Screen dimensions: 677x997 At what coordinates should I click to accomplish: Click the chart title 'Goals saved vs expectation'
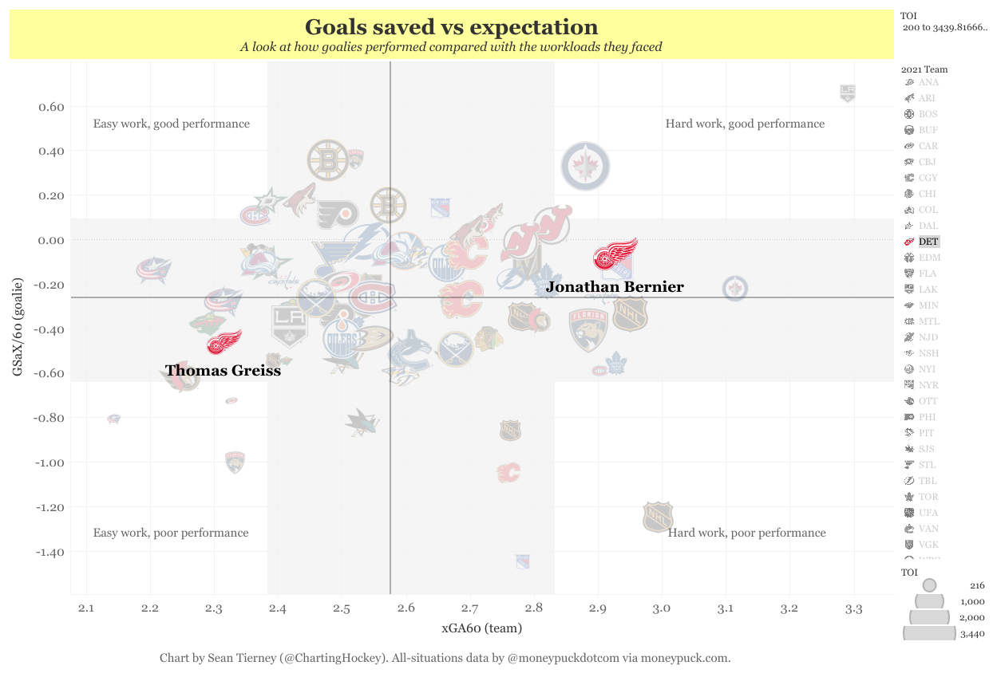pyautogui.click(x=451, y=27)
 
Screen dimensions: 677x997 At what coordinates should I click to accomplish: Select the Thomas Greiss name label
pyautogui.click(x=223, y=371)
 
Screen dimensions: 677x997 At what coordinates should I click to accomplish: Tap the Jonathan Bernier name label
pyautogui.click(x=615, y=287)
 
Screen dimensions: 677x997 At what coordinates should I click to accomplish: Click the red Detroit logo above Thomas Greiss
pyautogui.click(x=224, y=342)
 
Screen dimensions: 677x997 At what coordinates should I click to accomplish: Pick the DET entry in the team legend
pyautogui.click(x=928, y=242)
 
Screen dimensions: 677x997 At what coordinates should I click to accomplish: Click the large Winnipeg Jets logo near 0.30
pyautogui.click(x=586, y=167)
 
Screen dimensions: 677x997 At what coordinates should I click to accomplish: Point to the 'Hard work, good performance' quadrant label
pyautogui.click(x=745, y=124)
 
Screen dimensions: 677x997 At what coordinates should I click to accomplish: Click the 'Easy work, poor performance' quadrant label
pyautogui.click(x=171, y=533)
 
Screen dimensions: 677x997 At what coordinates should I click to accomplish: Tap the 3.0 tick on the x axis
pyautogui.click(x=662, y=609)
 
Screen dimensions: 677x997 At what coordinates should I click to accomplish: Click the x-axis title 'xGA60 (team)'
pyautogui.click(x=482, y=628)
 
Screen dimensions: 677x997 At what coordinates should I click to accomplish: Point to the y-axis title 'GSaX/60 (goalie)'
pyautogui.click(x=16, y=327)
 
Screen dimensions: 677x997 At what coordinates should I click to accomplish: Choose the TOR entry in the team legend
pyautogui.click(x=928, y=497)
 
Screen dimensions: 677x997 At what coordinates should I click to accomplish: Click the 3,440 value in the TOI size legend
pyautogui.click(x=971, y=634)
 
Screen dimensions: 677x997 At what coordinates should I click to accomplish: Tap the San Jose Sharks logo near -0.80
pyautogui.click(x=361, y=422)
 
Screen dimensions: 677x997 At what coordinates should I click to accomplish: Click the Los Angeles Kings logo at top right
pyautogui.click(x=848, y=93)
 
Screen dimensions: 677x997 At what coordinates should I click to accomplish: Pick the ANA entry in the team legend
pyautogui.click(x=928, y=82)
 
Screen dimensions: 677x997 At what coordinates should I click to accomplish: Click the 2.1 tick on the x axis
pyautogui.click(x=86, y=609)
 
